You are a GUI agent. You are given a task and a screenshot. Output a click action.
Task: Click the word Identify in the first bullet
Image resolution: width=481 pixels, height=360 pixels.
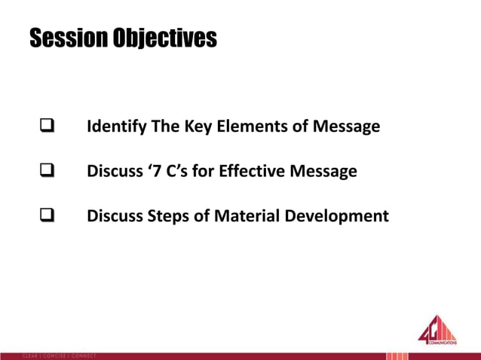117,127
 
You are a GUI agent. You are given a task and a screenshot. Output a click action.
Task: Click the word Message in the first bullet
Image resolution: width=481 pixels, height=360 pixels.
345,127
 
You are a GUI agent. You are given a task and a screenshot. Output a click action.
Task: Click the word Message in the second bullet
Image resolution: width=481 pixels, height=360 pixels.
323,172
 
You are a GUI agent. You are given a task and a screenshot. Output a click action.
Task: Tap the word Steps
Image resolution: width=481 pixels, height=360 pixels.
170,217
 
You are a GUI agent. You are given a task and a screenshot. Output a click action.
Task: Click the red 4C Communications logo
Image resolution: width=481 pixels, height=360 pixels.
437,331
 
